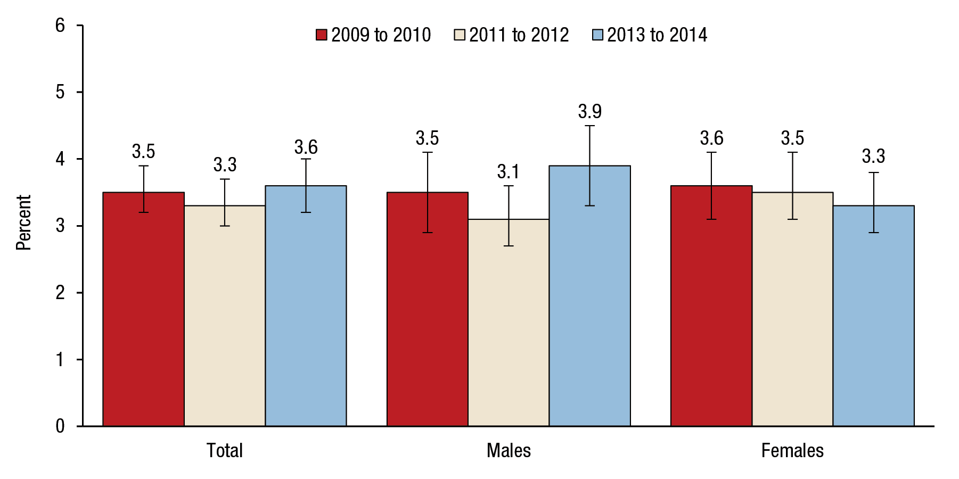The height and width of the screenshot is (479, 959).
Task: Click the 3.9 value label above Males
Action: point(589,112)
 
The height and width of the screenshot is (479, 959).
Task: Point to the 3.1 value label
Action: point(508,172)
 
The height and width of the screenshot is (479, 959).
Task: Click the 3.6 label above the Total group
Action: point(306,147)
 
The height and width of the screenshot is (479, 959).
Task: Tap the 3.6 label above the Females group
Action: point(711,138)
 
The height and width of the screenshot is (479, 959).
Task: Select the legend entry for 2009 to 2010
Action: point(373,35)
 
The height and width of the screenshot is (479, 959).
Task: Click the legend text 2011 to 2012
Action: point(519,35)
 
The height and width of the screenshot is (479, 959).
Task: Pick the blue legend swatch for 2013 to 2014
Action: point(597,35)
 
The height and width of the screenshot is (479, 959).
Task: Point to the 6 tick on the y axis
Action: point(60,25)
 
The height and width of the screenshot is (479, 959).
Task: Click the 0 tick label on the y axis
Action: point(60,426)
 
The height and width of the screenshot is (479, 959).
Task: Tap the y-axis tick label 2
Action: point(60,293)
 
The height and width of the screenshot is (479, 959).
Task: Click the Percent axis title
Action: point(23,222)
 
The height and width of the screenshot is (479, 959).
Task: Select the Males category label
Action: point(509,451)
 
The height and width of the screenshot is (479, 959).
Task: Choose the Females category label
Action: point(792,451)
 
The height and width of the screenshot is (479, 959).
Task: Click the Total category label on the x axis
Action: point(224,451)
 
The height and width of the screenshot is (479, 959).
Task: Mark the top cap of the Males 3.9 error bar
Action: point(589,126)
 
